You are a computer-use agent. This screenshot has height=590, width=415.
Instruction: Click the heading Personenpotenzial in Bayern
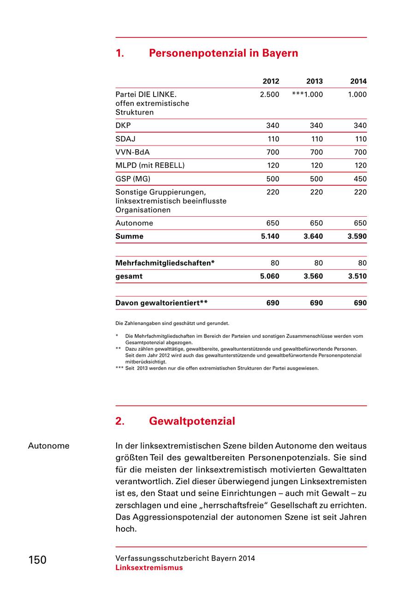(223, 53)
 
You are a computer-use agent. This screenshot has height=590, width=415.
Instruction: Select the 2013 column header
(314, 81)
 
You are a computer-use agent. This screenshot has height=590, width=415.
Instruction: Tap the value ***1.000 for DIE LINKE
(308, 95)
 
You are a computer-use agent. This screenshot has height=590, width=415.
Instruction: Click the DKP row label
(123, 126)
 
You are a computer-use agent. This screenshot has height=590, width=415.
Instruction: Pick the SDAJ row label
(125, 139)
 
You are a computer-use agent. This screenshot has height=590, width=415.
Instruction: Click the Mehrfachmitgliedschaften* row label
(165, 263)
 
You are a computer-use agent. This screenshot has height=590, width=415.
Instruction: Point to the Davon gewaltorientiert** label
(161, 304)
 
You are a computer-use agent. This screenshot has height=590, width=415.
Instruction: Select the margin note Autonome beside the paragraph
(48, 446)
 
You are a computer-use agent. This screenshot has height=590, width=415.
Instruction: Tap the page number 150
(37, 560)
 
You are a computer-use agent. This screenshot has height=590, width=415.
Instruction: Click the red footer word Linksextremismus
(149, 568)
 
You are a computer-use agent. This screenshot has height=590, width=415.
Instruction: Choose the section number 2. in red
(120, 421)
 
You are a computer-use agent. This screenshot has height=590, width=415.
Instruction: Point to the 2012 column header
(271, 81)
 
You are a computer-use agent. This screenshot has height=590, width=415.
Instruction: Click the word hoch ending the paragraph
(125, 529)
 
